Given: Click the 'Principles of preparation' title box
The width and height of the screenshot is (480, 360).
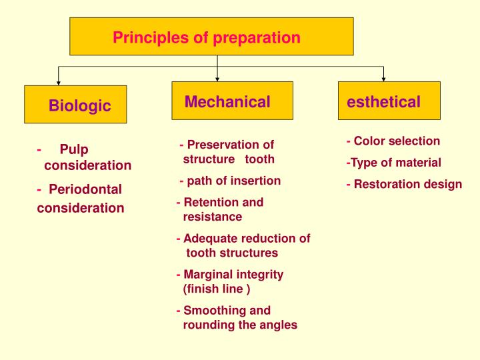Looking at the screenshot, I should [211, 37].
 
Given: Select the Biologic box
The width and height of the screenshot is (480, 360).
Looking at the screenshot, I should [75, 105].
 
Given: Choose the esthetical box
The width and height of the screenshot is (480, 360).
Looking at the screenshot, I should [389, 101].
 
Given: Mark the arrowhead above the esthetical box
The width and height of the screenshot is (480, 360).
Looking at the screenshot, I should [383, 79].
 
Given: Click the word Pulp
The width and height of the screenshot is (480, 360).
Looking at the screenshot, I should [74, 149].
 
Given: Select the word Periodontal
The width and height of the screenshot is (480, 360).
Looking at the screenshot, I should [85, 189].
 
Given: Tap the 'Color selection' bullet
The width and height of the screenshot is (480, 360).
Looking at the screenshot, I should [393, 141].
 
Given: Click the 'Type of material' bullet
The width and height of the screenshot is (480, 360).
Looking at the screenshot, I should [393, 162].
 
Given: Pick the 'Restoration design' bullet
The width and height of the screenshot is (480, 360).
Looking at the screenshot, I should [404, 184].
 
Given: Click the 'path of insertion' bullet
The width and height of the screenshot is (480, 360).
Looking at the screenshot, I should [231, 181].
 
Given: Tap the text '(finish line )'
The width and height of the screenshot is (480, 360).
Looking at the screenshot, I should [217, 289].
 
